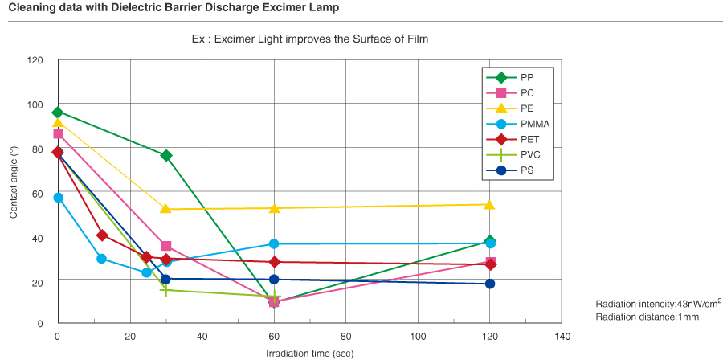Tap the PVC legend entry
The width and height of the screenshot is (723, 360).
pos(513,154)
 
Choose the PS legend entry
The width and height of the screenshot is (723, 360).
pos(512,170)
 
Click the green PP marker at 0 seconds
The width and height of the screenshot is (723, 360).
pos(57,112)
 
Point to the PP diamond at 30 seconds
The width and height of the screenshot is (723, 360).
pos(165,155)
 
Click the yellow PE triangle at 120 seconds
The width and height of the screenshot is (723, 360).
pos(490,204)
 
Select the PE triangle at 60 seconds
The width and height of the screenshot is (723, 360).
pos(274,208)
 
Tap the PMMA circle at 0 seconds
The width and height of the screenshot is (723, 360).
pos(57,198)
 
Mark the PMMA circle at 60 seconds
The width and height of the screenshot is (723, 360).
pos(274,243)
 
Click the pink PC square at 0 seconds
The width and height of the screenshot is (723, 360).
pos(58,133)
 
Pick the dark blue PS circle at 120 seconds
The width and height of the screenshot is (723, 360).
pos(490,284)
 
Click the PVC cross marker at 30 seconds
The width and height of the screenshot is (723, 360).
pos(165,290)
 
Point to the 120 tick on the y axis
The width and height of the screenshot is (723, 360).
pos(35,60)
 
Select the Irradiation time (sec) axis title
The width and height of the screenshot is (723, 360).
pos(309,353)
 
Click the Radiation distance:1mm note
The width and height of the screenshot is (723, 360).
pos(636,317)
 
